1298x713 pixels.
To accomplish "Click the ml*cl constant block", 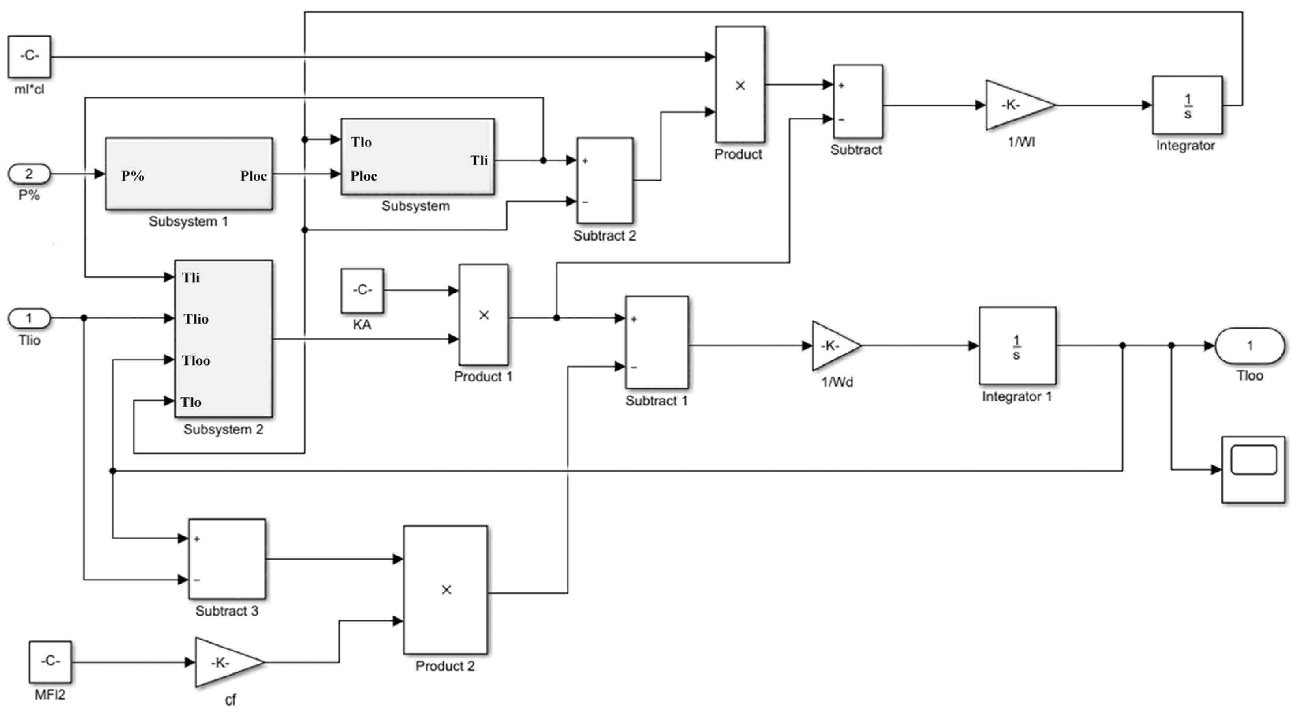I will tap(29, 56).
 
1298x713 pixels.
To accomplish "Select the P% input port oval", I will tap(29, 174).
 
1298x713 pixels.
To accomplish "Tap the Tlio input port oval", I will tap(29, 318).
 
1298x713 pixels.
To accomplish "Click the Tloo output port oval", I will tap(1249, 346).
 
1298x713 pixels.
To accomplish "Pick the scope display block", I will tap(1253, 470).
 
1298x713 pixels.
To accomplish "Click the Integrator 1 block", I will tap(1017, 346).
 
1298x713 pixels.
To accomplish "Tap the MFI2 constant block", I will tap(50, 662).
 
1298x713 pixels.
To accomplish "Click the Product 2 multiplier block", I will tap(445, 590).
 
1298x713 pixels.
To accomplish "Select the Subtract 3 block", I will tap(227, 559).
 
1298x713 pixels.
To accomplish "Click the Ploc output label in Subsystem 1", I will tap(253, 176).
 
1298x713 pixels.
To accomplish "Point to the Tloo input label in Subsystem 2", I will tap(196, 360).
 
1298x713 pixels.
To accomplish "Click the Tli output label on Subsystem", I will tap(479, 160).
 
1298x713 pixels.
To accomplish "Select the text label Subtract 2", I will tap(604, 236).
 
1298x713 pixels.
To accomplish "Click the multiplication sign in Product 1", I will tap(484, 315).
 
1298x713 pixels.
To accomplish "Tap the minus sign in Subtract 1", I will tap(633, 367).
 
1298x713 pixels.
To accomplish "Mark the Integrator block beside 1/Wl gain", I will tap(1187, 105).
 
